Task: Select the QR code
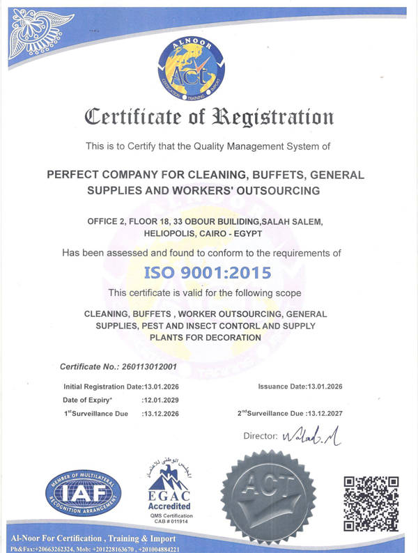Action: point(371,495)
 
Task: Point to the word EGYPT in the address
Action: point(261,234)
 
